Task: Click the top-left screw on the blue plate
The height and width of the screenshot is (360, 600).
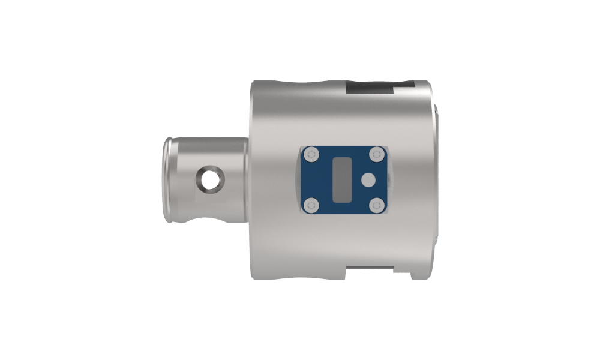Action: [310, 155]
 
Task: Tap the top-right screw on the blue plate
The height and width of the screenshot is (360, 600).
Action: [376, 155]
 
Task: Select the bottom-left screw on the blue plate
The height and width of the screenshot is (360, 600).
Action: [310, 205]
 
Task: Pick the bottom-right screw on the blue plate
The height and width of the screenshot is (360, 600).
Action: [376, 205]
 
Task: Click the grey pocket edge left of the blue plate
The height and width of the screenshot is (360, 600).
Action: [298, 180]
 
